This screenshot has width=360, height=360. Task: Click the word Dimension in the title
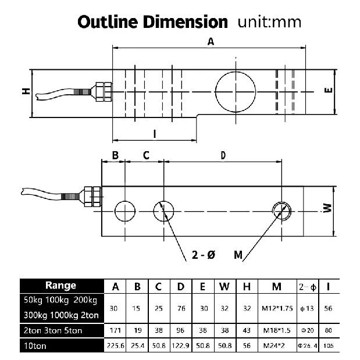click(x=186, y=22)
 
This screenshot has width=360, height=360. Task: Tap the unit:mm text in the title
click(x=269, y=22)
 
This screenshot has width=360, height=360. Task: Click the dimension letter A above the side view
click(x=211, y=42)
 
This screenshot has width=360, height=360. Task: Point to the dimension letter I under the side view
click(x=155, y=134)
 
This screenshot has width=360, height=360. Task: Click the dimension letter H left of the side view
click(x=26, y=91)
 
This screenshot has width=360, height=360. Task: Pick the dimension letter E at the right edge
click(x=329, y=90)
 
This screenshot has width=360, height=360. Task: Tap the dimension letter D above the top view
click(x=223, y=155)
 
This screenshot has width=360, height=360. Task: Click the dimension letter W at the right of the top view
click(x=327, y=208)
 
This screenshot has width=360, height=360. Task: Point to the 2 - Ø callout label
click(x=204, y=255)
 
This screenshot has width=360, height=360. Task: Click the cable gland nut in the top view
click(x=92, y=197)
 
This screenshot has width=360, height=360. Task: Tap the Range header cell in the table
click(x=62, y=286)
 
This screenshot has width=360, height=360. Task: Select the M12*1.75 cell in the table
click(x=277, y=308)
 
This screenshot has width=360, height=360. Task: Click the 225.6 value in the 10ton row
click(x=116, y=345)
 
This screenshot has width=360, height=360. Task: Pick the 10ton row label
click(x=35, y=346)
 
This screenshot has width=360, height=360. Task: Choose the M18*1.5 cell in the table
click(x=277, y=330)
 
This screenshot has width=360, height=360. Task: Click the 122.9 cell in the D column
click(x=181, y=345)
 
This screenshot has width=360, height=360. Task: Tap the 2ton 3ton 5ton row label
click(x=53, y=330)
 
